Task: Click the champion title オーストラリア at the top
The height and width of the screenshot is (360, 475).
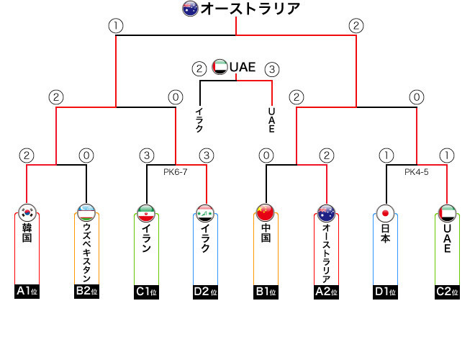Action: point(250,9)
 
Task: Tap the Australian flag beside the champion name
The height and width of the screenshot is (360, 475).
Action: point(190,9)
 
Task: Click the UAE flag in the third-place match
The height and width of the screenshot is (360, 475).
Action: point(220,67)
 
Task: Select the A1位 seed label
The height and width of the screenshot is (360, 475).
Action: point(27,292)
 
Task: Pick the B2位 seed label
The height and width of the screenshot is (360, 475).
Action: point(87,292)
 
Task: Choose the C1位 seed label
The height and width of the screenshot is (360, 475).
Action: point(147,292)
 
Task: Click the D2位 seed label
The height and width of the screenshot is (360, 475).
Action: point(207,292)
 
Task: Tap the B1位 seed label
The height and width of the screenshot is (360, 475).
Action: point(266,292)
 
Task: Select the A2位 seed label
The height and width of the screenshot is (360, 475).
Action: point(327,292)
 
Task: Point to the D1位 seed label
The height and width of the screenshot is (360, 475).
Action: point(386,292)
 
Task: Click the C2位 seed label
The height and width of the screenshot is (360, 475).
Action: point(446,292)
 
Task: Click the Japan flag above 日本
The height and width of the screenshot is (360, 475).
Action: point(386,213)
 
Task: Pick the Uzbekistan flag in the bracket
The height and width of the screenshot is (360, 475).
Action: point(87,213)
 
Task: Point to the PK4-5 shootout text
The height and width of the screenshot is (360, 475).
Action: point(417,172)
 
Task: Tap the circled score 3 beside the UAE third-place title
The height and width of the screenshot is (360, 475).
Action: point(271,70)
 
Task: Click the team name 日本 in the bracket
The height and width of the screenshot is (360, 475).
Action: point(386,234)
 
